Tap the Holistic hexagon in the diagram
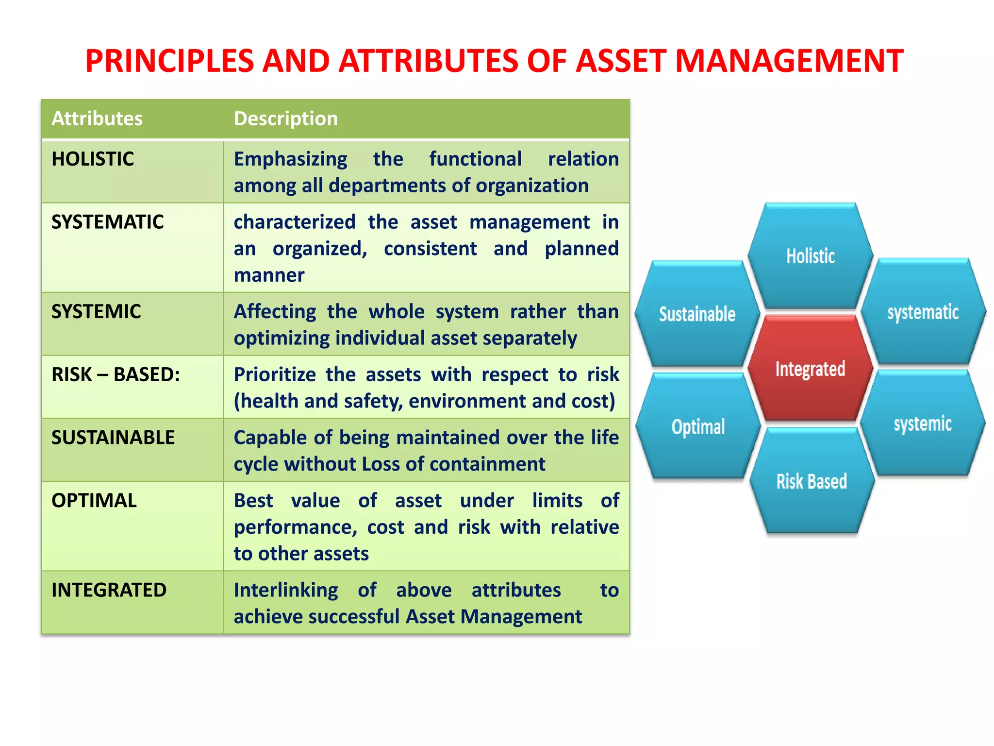[810, 256]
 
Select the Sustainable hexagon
[697, 314]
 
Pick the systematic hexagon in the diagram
[923, 312]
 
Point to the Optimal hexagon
[698, 427]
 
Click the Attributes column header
[97, 119]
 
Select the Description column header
[286, 119]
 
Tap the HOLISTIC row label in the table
[93, 159]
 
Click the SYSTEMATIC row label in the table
[107, 222]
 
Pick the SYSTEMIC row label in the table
[96, 312]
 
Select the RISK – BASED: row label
[116, 374]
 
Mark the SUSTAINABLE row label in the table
[113, 438]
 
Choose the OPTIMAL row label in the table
[94, 501]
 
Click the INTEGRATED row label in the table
[109, 590]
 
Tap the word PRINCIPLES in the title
[169, 61]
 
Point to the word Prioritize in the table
[275, 375]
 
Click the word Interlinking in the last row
[286, 591]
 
